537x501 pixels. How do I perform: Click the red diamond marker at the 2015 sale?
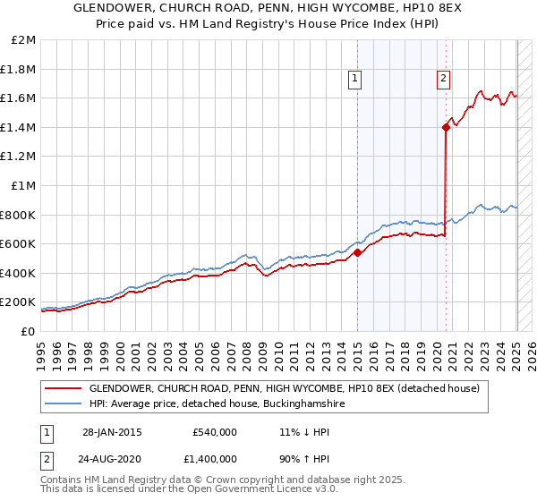pyautogui.click(x=357, y=252)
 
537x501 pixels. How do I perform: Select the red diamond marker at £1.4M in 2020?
pyautogui.click(x=446, y=127)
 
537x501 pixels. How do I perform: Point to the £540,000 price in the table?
pyautogui.click(x=215, y=431)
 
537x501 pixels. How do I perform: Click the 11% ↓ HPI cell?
pyautogui.click(x=306, y=431)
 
